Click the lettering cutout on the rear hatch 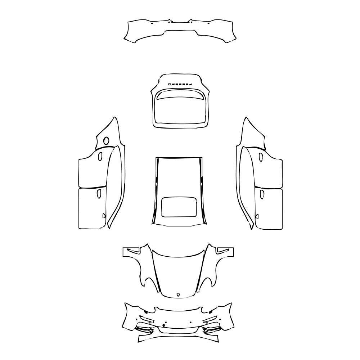180,84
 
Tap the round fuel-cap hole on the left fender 106,141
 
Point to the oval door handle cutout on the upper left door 100,157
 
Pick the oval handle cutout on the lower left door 98,194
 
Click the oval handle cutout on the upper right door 261,157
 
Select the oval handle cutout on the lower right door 262,194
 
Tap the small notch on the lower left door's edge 104,216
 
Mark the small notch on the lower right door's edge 257,216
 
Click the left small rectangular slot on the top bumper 152,23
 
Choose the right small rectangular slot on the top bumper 208,23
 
